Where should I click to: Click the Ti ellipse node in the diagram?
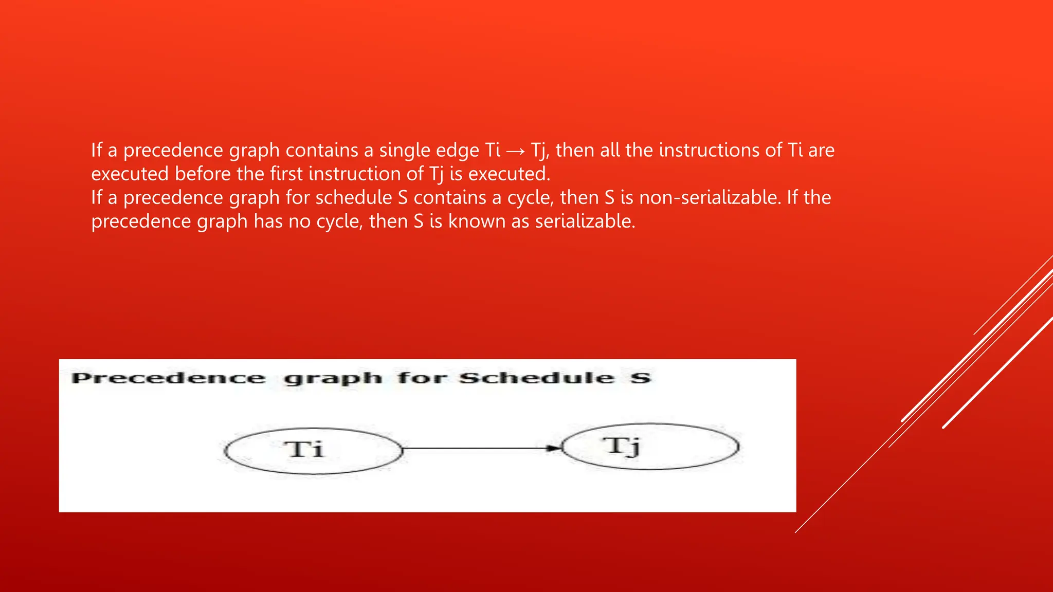point(313,451)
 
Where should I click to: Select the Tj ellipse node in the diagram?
point(650,446)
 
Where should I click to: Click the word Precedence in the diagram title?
point(169,379)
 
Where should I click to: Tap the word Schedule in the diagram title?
point(536,379)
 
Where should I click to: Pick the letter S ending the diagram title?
point(641,379)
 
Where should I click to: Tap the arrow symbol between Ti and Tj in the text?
point(515,151)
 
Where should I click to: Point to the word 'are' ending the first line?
point(821,150)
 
